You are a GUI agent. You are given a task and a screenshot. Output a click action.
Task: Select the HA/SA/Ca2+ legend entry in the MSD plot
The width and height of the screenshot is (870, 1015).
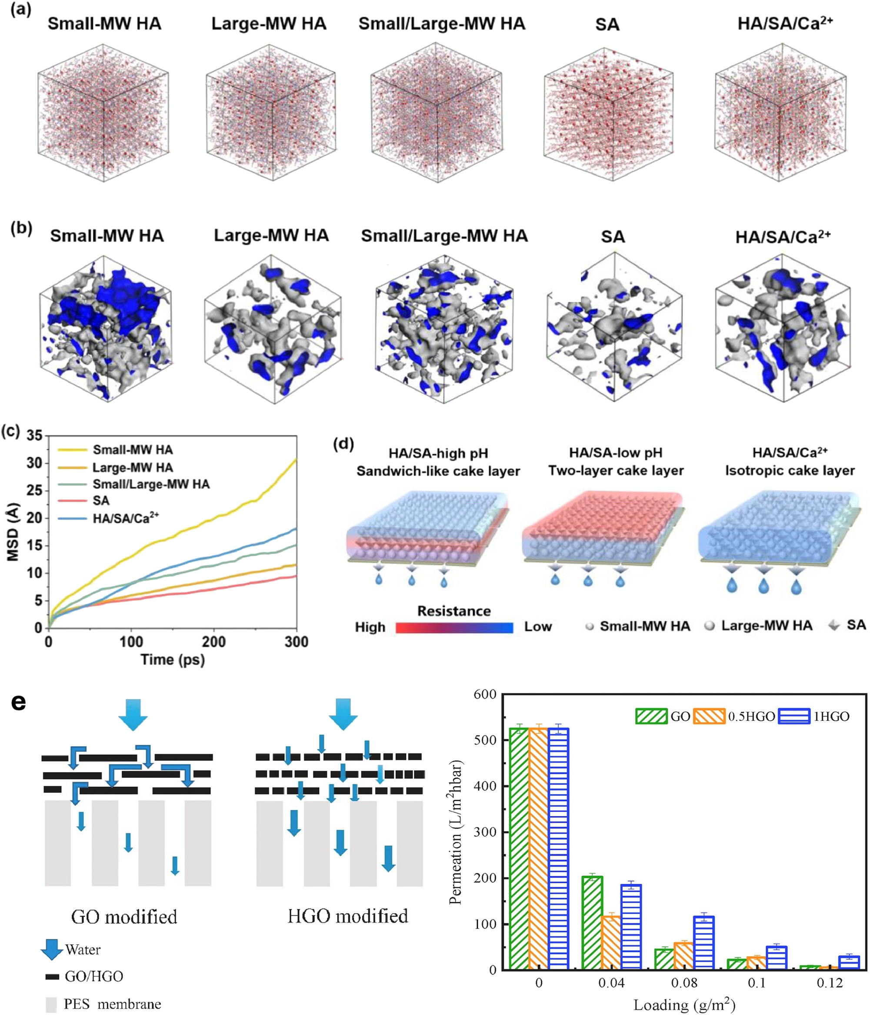click(126, 518)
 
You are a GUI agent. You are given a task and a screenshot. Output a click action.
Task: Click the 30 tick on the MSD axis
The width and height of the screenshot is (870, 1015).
click(34, 463)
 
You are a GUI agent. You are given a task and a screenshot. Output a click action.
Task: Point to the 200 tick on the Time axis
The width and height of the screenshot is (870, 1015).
click(214, 642)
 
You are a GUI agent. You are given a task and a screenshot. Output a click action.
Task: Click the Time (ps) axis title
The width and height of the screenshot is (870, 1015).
click(173, 660)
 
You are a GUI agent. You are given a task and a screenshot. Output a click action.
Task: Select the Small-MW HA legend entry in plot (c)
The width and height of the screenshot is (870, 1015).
click(132, 450)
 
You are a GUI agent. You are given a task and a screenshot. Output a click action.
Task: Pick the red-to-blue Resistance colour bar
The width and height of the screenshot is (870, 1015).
click(454, 627)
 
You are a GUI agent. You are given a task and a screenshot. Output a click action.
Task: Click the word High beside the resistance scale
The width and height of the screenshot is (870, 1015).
click(370, 627)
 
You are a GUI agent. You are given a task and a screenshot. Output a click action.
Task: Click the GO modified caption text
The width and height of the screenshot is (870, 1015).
click(124, 916)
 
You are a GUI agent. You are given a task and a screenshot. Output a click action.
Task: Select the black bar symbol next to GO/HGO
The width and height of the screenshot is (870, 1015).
click(52, 977)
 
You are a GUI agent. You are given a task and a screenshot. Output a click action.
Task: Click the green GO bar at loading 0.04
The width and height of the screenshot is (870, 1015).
click(592, 923)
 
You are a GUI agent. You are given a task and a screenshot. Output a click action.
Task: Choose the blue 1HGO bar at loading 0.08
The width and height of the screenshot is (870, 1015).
click(704, 943)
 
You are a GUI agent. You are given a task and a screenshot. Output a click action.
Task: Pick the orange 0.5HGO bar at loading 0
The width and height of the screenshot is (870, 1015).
click(539, 849)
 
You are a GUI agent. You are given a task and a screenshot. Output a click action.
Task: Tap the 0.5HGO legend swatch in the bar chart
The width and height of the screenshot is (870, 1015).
click(709, 716)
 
